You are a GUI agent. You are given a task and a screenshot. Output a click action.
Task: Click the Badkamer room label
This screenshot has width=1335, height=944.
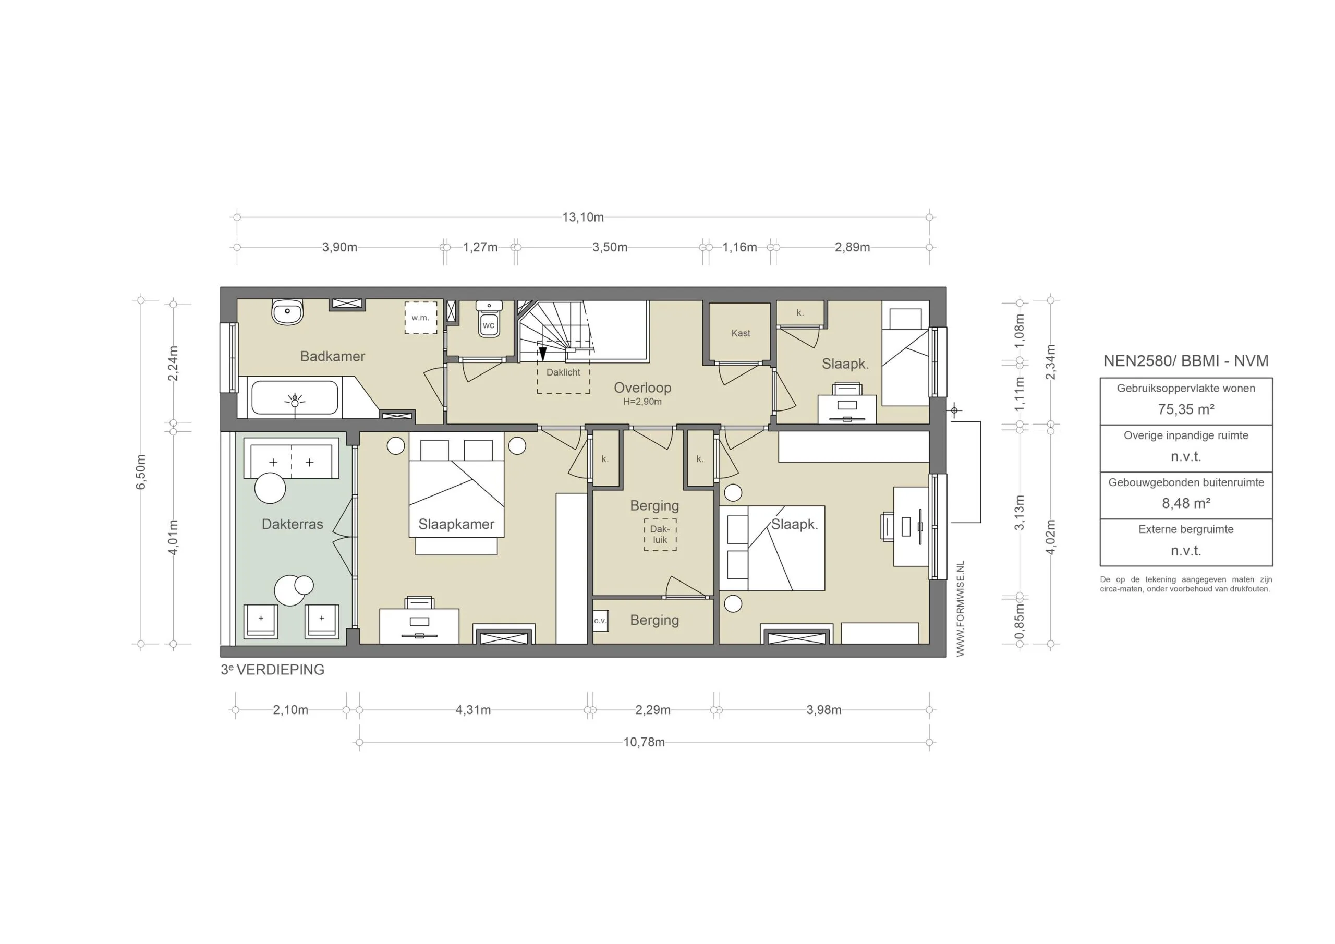[332, 356]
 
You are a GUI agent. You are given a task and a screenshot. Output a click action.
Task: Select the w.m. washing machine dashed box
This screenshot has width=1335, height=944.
[420, 318]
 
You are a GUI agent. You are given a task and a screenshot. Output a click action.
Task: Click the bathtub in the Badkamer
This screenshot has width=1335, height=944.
[294, 398]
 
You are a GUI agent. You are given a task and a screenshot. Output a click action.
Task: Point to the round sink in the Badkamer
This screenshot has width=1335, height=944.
[287, 312]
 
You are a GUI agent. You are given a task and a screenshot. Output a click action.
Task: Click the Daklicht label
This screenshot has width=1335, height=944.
[563, 372]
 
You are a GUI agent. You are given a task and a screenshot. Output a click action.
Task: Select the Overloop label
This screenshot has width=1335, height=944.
[642, 388]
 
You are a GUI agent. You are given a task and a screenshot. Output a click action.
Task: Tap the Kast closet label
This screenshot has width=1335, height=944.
[740, 333]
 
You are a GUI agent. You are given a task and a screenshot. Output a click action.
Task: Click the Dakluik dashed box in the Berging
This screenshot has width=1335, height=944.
[660, 535]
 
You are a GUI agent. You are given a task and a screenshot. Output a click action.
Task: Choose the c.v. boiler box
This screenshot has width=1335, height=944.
[600, 621]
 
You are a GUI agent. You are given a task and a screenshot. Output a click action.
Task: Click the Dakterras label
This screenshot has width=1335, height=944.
[292, 524]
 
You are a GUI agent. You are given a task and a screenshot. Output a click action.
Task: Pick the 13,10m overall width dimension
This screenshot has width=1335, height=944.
[582, 217]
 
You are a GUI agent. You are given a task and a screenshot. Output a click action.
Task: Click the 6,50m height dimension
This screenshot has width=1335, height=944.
[141, 471]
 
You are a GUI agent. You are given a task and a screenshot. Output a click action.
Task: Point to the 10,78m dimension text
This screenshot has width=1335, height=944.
[644, 742]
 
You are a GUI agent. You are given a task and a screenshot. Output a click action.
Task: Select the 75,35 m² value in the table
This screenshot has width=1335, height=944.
[1185, 409]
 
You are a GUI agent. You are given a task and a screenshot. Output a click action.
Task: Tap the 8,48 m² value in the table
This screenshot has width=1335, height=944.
[1185, 503]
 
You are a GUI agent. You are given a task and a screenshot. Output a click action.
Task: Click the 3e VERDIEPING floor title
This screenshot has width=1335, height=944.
[272, 670]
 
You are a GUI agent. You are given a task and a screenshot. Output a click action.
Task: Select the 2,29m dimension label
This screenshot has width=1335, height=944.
[652, 710]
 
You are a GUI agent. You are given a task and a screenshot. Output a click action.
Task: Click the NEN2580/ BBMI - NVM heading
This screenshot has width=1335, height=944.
[1185, 360]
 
